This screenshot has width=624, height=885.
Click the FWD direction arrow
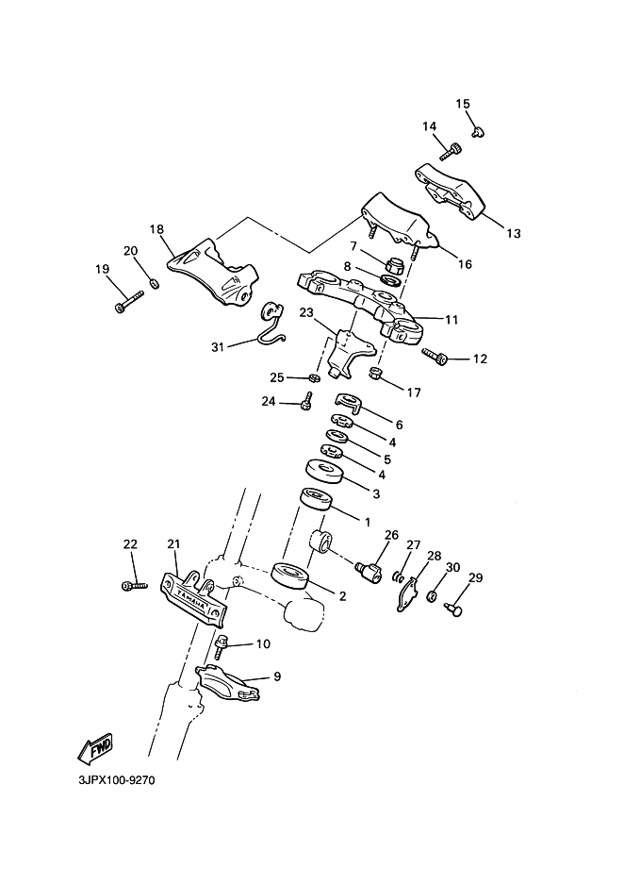pyautogui.click(x=96, y=748)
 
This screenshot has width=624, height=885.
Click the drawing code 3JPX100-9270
pyautogui.click(x=117, y=781)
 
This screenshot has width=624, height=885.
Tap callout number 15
pyautogui.click(x=463, y=104)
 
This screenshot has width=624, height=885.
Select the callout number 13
pyautogui.click(x=514, y=233)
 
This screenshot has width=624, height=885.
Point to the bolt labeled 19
pyautogui.click(x=129, y=300)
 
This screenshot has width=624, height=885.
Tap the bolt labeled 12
pyautogui.click(x=435, y=355)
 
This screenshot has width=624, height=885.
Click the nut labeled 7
pyautogui.click(x=392, y=263)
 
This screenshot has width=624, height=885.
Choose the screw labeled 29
pyautogui.click(x=452, y=609)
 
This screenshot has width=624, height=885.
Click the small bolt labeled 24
pyautogui.click(x=306, y=400)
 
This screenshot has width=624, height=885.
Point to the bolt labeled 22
pyautogui.click(x=134, y=586)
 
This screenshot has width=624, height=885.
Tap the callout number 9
pyautogui.click(x=277, y=676)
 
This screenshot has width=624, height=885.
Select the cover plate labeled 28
pyautogui.click(x=407, y=594)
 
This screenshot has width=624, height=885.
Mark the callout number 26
pyautogui.click(x=391, y=535)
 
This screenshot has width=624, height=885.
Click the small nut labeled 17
pyautogui.click(x=375, y=373)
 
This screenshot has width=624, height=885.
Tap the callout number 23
pyautogui.click(x=306, y=312)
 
